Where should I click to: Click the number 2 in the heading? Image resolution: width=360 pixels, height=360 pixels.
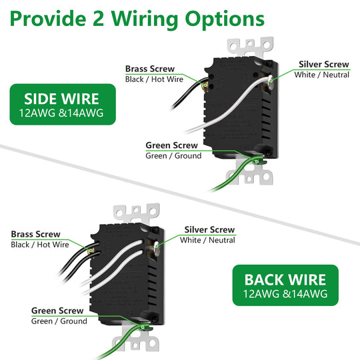[x=99, y=19]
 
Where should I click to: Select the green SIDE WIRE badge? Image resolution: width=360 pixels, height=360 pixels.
[x=63, y=105]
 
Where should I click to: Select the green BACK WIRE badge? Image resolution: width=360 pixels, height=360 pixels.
[x=285, y=285]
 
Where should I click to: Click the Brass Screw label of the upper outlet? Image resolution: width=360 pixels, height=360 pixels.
[x=150, y=69]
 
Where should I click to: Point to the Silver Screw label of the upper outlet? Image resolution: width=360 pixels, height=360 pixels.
[x=324, y=64]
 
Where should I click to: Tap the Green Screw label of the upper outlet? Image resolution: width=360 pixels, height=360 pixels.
[x=171, y=145]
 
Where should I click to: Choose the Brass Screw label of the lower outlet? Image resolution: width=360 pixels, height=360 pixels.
[x=35, y=234]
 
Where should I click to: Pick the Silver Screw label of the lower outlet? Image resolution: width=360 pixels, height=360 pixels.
[x=209, y=229]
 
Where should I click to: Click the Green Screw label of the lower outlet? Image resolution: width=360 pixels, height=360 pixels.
[x=57, y=311]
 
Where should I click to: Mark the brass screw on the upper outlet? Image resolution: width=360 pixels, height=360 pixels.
[x=205, y=86]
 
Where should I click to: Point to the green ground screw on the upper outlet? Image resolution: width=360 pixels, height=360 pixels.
[x=258, y=161]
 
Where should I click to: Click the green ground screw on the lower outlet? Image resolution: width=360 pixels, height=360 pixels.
[x=144, y=327]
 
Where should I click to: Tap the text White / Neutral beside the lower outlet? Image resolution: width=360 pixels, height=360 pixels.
[x=207, y=240]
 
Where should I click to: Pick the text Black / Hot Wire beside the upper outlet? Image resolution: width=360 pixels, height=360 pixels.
[x=154, y=79]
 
